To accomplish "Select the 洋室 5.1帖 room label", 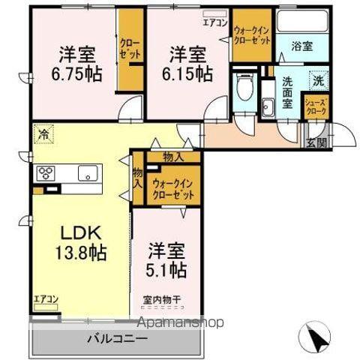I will click(166, 259).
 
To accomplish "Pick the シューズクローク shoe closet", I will click(314, 107).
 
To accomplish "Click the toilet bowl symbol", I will click(241, 91).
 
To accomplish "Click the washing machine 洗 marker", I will click(317, 79).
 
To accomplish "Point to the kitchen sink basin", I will click(88, 173).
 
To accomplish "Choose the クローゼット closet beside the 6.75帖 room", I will click(128, 49).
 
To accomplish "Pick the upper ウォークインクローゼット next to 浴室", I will click(252, 34).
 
